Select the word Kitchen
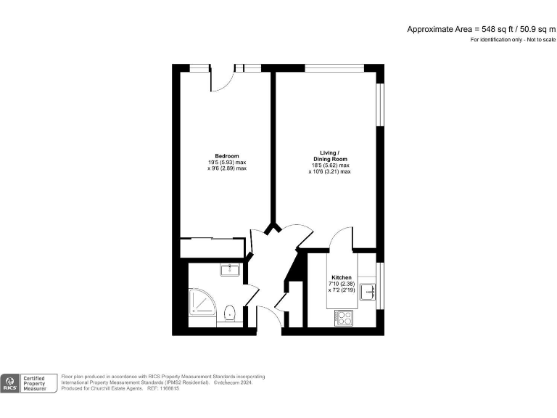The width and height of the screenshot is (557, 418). coord(342,278)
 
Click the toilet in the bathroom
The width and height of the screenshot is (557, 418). coord(230,313)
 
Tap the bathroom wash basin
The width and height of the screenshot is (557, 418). coord(230,270)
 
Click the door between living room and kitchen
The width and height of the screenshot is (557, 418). coord(339,238)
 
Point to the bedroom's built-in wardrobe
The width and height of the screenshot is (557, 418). coord(212,247)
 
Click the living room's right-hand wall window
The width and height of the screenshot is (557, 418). coord(378,106)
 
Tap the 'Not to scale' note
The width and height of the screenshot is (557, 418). coord(537,39)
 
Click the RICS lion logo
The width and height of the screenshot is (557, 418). coord(11,382)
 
